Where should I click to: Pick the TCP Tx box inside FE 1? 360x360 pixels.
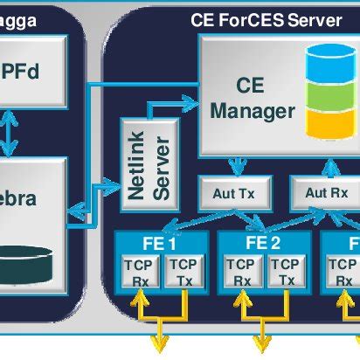[183, 272]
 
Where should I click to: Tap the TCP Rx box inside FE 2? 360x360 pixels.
[239, 272]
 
